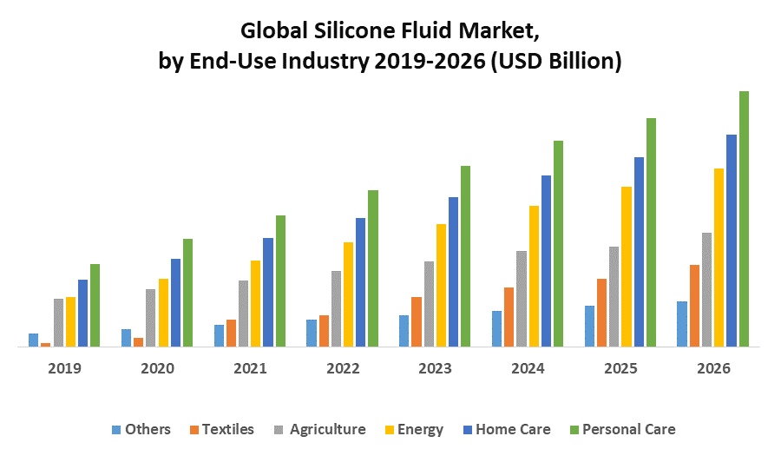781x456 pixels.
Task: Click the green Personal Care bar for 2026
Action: click(x=744, y=219)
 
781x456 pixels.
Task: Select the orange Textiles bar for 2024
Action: click(x=509, y=317)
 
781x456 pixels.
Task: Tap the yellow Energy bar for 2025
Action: click(x=626, y=267)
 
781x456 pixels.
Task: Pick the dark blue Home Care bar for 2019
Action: click(x=82, y=313)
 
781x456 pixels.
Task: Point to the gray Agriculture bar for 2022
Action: click(x=336, y=308)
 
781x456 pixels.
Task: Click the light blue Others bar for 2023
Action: click(x=404, y=331)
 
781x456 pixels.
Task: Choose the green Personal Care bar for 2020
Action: click(x=187, y=293)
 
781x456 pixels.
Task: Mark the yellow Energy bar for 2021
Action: click(x=255, y=303)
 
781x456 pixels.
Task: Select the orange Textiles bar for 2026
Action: click(x=694, y=306)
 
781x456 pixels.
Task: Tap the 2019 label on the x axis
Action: click(x=64, y=368)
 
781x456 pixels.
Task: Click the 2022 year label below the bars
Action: click(x=343, y=368)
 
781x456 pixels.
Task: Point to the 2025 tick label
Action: click(x=620, y=368)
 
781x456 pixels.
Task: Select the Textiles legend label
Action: click(x=228, y=429)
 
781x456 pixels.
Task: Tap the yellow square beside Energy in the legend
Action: click(x=390, y=429)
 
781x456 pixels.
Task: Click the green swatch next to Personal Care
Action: click(x=573, y=429)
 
